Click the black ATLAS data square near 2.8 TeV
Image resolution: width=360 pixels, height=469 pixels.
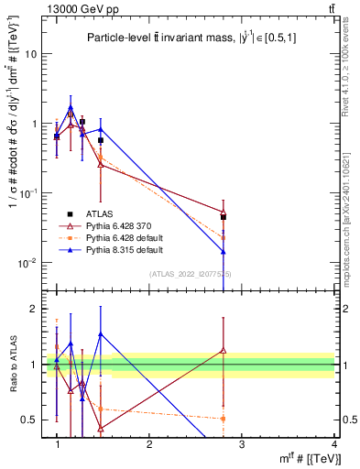(224, 217)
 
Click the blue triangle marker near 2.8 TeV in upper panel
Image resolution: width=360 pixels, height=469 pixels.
(224, 251)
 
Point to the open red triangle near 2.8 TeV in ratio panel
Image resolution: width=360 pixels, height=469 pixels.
(224, 349)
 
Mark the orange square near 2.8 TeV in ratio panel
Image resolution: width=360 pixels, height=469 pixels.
(224, 419)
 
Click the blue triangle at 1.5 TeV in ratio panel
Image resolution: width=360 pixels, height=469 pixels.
(101, 334)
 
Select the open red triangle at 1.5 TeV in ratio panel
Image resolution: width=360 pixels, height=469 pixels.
(101, 428)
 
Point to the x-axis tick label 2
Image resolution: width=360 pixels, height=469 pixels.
(149, 444)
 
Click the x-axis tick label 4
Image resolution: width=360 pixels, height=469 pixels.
(334, 444)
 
